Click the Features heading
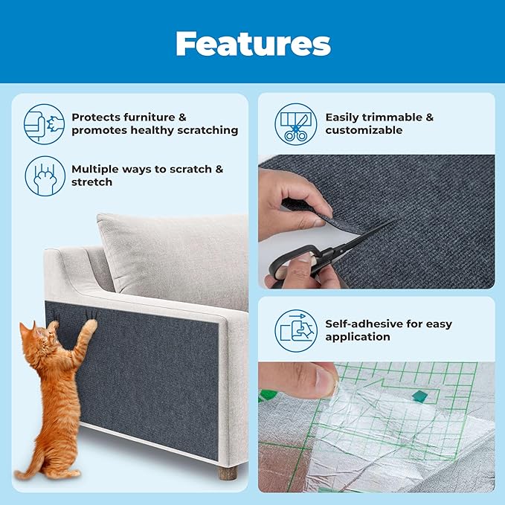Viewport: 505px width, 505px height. click(253, 44)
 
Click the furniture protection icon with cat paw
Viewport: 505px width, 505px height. click(44, 123)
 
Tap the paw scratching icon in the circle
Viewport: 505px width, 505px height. click(44, 176)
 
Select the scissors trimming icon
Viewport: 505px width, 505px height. click(296, 123)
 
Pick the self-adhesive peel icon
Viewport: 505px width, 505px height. click(296, 329)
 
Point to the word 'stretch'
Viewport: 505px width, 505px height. click(92, 182)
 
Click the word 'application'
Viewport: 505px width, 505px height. click(358, 337)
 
